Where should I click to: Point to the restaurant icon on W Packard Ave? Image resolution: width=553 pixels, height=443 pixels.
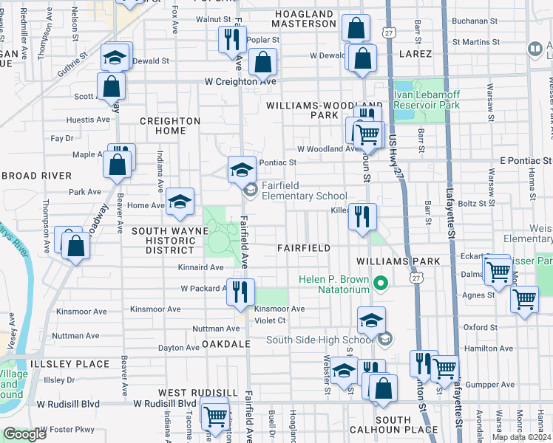(240, 292)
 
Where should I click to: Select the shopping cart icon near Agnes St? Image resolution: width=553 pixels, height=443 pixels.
(524, 300)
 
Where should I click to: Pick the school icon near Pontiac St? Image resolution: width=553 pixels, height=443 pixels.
(240, 170)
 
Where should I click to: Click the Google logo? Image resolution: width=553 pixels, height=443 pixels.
(24, 434)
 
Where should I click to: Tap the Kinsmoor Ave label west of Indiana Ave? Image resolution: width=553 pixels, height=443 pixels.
(156, 309)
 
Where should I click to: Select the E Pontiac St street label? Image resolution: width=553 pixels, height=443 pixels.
(526, 160)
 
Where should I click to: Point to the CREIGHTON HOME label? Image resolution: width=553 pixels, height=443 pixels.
(170, 126)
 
